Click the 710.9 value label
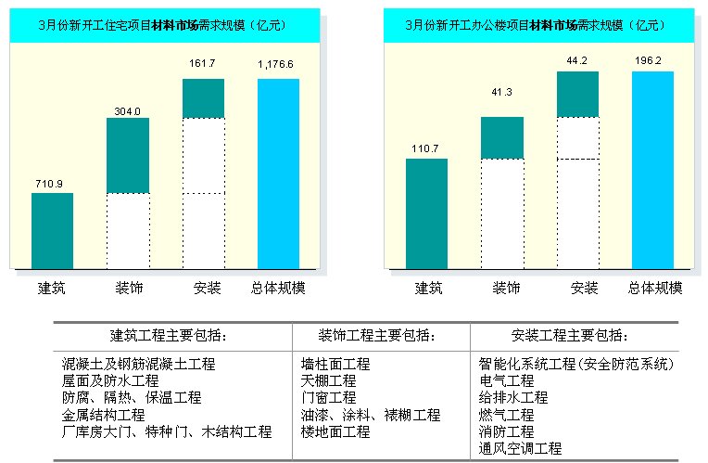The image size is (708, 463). (52, 184)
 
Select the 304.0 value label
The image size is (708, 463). (127, 110)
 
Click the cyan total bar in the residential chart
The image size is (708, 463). (278, 174)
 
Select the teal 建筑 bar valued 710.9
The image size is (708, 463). (52, 230)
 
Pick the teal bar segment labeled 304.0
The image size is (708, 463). (127, 155)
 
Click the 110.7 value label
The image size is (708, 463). (426, 148)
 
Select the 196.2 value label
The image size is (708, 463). (652, 61)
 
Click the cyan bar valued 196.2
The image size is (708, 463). (652, 170)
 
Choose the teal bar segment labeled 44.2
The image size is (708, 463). (577, 94)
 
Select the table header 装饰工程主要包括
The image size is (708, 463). (381, 335)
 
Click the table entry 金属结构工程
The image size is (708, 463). (104, 415)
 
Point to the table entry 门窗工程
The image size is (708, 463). (329, 397)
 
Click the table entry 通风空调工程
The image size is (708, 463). (520, 448)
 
